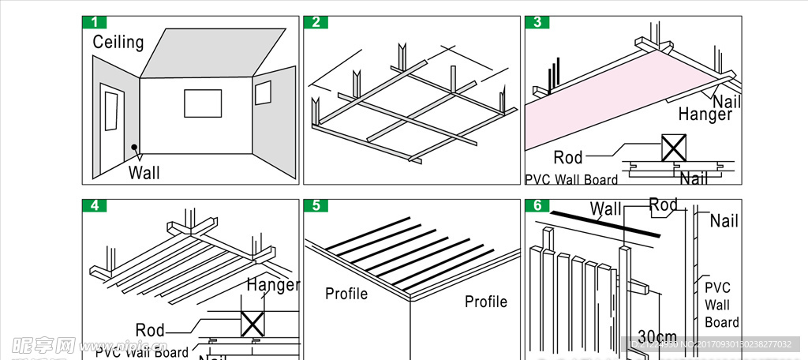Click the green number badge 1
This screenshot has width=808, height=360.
click(x=95, y=22)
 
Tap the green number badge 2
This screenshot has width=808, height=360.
click(x=316, y=22)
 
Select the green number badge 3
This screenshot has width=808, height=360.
click(x=537, y=22)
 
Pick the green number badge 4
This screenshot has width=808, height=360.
click(x=95, y=206)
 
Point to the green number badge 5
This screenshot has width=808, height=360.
click(x=316, y=206)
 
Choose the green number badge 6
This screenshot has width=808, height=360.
click(x=537, y=206)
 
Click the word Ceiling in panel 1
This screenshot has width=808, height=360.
click(x=118, y=42)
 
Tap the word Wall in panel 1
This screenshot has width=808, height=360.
click(x=144, y=172)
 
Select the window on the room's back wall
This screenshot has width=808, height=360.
click(x=203, y=103)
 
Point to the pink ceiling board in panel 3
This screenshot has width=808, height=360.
click(x=584, y=103)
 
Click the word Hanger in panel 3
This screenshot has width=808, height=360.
click(x=705, y=114)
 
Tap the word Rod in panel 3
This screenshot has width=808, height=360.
click(x=567, y=157)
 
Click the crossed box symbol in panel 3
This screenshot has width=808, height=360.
click(x=673, y=148)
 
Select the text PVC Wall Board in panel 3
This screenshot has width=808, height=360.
click(x=571, y=179)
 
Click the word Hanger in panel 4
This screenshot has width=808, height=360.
click(x=273, y=285)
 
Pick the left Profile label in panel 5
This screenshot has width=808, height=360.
click(x=346, y=294)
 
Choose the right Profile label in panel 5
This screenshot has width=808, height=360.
click(x=486, y=302)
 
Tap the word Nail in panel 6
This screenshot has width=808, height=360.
click(x=724, y=221)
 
